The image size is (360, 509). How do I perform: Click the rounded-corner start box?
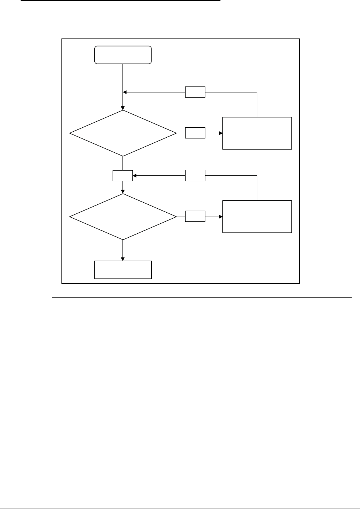123,55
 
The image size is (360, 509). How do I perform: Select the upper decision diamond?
123,133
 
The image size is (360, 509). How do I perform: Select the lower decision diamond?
123,217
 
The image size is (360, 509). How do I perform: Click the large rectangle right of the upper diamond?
257,133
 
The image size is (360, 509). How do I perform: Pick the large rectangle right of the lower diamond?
257,217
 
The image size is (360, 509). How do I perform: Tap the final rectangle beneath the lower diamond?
123,270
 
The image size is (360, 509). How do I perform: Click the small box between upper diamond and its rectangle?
195,133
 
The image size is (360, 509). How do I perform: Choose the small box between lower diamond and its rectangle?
195,217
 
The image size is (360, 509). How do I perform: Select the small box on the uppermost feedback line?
195,92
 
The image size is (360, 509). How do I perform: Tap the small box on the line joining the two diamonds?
123,175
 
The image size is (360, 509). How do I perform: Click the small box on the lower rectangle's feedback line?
195,175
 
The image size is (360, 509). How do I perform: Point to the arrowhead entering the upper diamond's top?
123,108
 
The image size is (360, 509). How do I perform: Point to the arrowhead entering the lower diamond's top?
123,192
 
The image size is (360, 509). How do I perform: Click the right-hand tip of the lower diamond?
176,217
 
